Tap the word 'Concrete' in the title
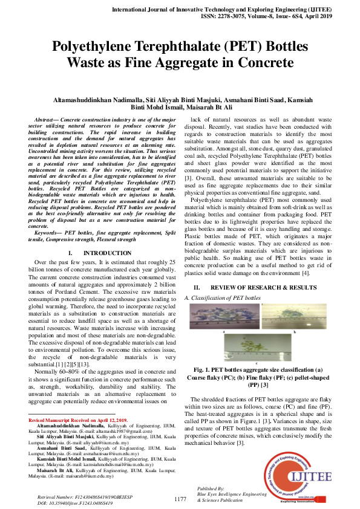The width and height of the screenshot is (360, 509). (263, 62)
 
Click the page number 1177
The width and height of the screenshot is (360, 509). (180, 499)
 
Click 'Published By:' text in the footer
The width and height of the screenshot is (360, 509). (211, 488)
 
